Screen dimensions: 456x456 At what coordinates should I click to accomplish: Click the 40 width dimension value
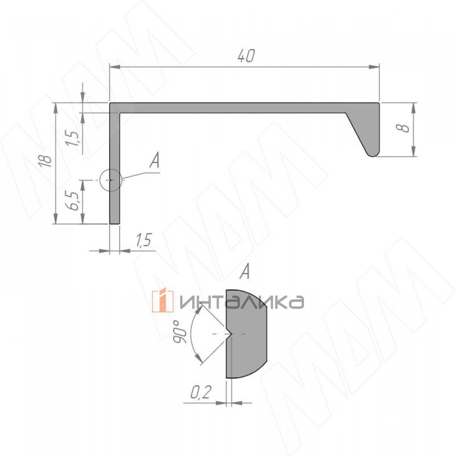click(246, 56)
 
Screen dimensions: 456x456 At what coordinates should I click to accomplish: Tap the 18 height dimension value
click(46, 161)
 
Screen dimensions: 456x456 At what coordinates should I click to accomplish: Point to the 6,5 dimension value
click(72, 201)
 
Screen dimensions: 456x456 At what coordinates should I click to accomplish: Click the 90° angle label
click(180, 331)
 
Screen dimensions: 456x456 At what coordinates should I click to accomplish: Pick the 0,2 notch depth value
click(201, 392)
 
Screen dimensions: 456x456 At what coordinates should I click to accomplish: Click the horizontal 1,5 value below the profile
click(144, 240)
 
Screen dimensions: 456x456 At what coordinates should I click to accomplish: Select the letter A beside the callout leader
click(155, 160)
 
